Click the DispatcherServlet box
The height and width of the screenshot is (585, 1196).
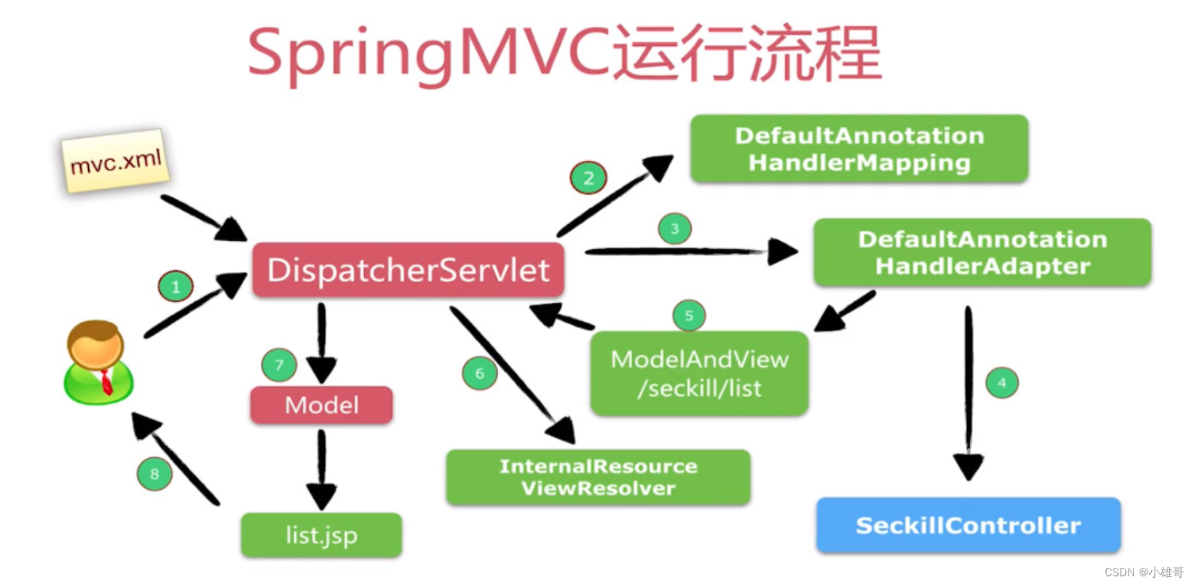pyautogui.click(x=408, y=270)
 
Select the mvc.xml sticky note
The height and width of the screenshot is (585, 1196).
pyautogui.click(x=116, y=162)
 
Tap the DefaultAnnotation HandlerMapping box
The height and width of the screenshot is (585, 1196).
pyautogui.click(x=859, y=149)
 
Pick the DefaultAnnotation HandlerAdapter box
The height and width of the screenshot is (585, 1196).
pyautogui.click(x=982, y=252)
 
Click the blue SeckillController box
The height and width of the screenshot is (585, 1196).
pyautogui.click(x=968, y=525)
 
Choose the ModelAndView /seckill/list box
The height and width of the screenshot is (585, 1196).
pyautogui.click(x=699, y=373)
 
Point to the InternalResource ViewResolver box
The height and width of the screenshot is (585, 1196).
pyautogui.click(x=598, y=477)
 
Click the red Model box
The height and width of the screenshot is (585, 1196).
pyautogui.click(x=321, y=405)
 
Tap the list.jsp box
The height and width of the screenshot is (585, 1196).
pyautogui.click(x=321, y=535)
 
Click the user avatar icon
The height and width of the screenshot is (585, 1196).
pyautogui.click(x=97, y=362)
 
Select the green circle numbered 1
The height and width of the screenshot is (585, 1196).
pyautogui.click(x=175, y=286)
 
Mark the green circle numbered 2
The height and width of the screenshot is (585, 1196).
pyautogui.click(x=588, y=178)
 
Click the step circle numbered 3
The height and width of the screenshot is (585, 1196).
pyautogui.click(x=674, y=229)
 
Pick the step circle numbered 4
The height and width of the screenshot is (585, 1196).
pyautogui.click(x=1002, y=383)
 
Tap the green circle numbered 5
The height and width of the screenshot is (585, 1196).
pyautogui.click(x=688, y=315)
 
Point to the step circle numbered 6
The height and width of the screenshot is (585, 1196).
pyautogui.click(x=479, y=373)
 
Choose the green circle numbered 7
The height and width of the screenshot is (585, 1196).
pyautogui.click(x=278, y=365)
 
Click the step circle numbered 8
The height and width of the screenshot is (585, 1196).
pyautogui.click(x=154, y=474)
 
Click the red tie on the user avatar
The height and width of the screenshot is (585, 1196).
pyautogui.click(x=106, y=383)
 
